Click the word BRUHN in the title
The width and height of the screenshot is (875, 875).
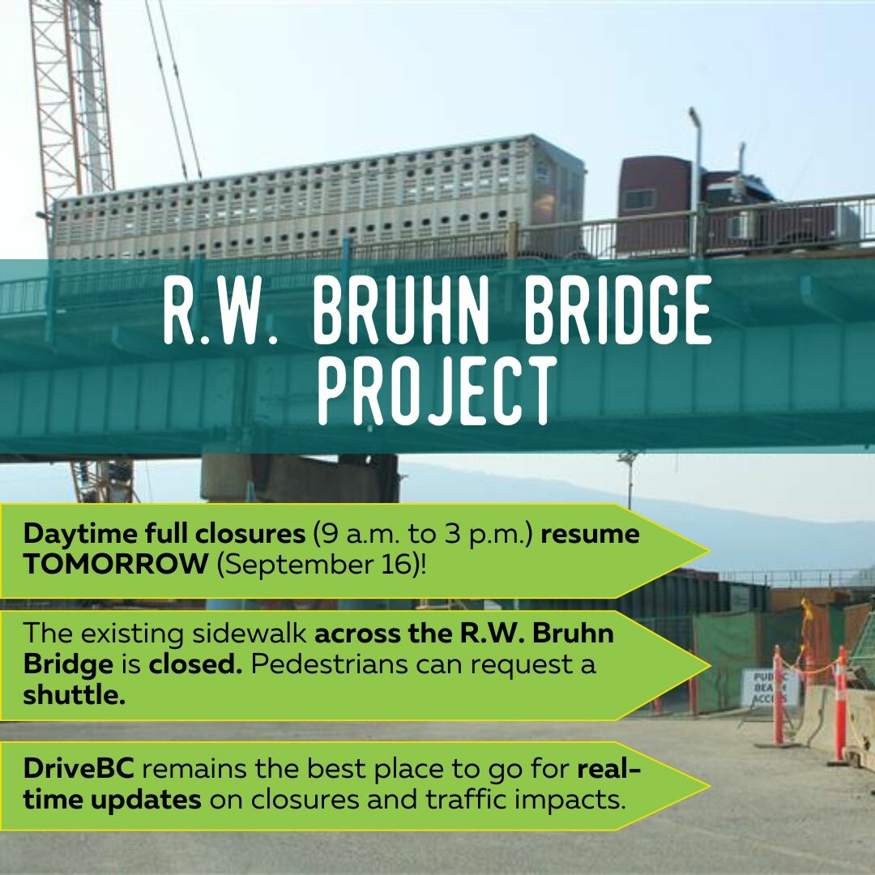pos(399,310)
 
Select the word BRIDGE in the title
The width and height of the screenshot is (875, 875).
pos(617,310)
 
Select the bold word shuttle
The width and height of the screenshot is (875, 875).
pos(75,695)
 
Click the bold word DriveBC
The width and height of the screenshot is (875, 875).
pos(79,768)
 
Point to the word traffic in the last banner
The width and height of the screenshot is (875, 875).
pos(466,799)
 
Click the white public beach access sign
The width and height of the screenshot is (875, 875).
pos(771,688)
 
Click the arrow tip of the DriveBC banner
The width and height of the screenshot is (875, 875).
pos(710,786)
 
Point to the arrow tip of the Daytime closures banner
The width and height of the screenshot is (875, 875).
pos(710,550)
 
